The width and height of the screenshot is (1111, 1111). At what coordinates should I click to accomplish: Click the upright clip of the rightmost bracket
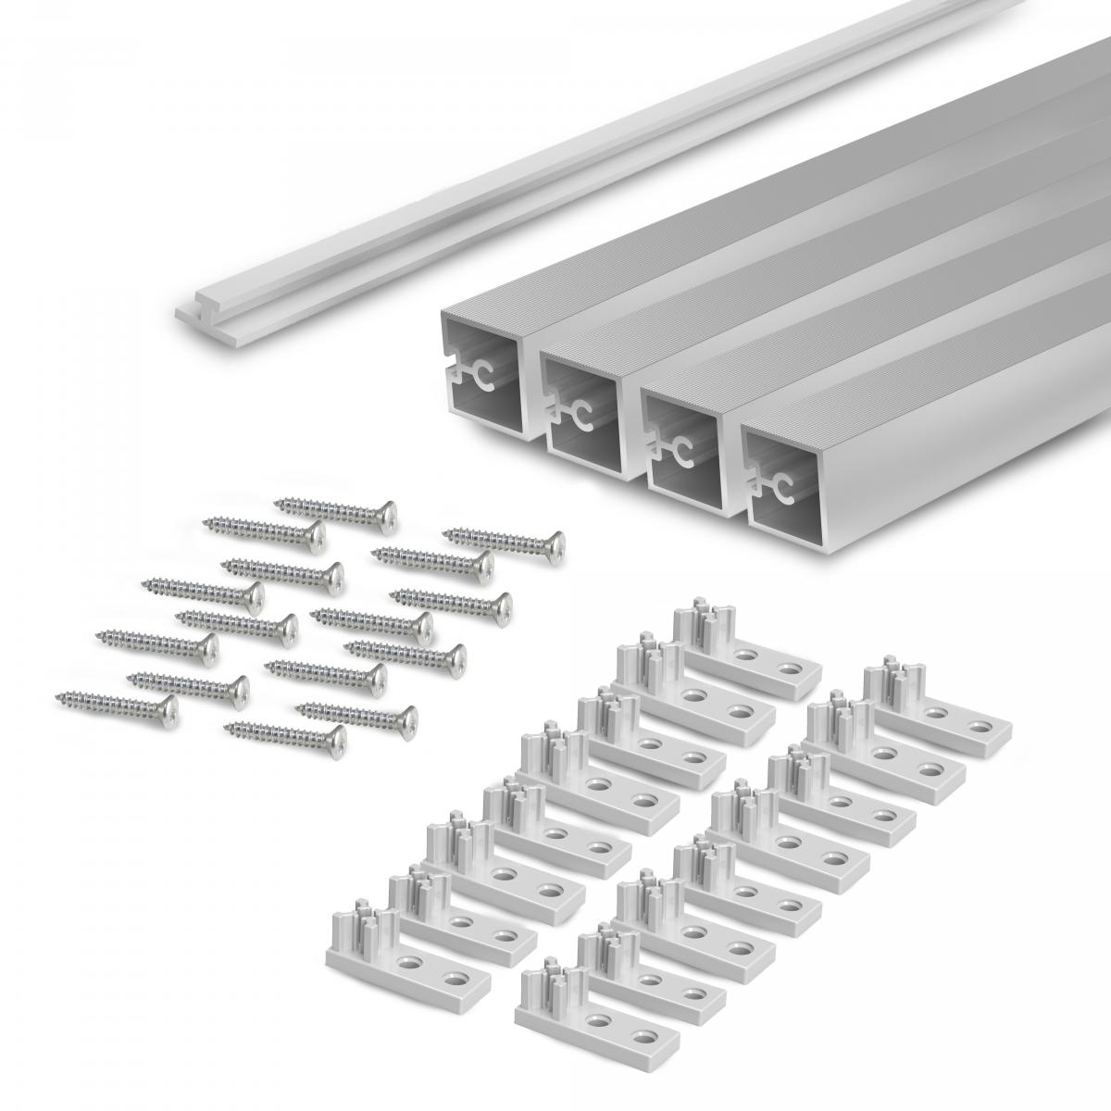click(889, 681)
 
